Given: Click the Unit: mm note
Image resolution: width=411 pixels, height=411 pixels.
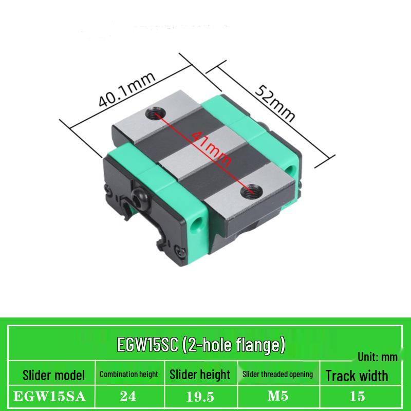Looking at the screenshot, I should point(378,356).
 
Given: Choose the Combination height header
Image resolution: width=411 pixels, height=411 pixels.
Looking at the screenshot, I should point(128,375).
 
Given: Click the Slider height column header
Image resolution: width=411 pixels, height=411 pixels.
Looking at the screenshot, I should point(200,375).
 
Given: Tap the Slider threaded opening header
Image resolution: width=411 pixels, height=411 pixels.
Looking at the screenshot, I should point(277,375).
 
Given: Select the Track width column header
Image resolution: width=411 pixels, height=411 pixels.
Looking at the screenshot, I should point(357,376).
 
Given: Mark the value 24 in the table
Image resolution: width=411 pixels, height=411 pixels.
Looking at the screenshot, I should point(128,396).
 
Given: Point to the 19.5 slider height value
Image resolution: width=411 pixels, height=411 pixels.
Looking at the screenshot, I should point(200,396).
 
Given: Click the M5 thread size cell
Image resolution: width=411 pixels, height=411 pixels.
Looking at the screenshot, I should point(277,396).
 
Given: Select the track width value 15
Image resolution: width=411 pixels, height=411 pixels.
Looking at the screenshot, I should point(357,396).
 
